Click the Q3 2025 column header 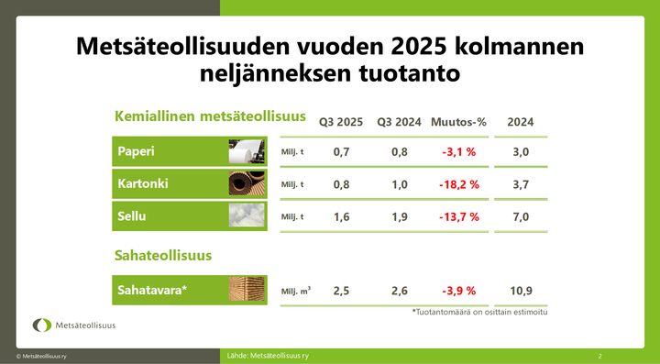click(340, 122)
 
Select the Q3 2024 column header click(399, 122)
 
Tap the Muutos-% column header click(457, 122)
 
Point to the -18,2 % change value click(457, 184)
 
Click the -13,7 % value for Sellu click(457, 217)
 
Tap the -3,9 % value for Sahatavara click(457, 291)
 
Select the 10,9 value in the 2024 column click(521, 291)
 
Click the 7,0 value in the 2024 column click(521, 217)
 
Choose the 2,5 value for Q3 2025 click(340, 291)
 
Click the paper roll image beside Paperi click(247, 151)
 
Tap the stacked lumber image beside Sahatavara click(247, 290)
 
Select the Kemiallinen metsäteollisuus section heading click(209, 116)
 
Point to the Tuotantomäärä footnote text click(479, 312)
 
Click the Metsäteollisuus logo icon click(42, 325)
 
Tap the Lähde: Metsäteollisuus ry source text click(267, 355)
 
